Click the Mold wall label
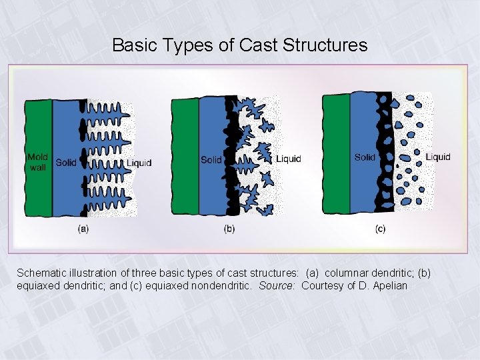click(37, 162)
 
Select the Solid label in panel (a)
click(66, 162)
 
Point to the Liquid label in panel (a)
click(139, 163)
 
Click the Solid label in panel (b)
click(211, 159)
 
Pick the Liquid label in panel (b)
click(289, 159)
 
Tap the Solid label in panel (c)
click(365, 157)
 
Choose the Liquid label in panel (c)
click(438, 157)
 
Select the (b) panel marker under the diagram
click(229, 229)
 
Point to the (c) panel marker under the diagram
click(380, 229)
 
